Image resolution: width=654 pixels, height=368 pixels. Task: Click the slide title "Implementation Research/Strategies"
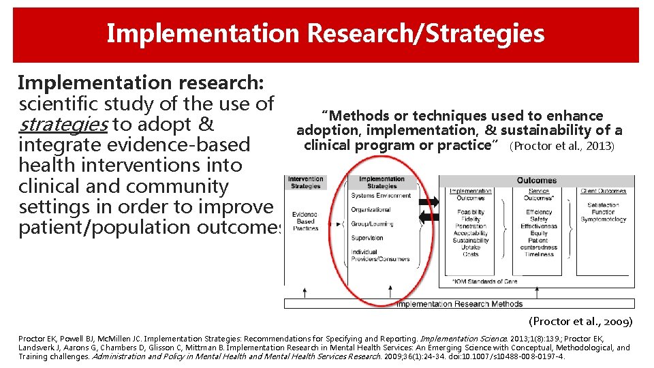click(326, 33)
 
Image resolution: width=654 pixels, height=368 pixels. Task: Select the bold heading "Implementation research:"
click(140, 83)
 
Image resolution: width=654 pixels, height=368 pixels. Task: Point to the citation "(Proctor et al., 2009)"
click(580, 321)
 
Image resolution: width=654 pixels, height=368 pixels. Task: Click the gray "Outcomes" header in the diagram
click(536, 181)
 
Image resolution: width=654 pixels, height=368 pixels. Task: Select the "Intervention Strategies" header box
click(305, 183)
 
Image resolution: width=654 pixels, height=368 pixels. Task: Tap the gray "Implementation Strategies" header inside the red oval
click(381, 183)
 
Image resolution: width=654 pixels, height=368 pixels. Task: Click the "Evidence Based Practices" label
click(305, 221)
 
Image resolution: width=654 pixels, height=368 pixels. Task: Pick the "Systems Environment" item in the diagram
click(381, 196)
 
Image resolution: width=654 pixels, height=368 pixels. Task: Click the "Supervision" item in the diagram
click(367, 238)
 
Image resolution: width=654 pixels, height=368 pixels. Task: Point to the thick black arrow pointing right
click(427, 202)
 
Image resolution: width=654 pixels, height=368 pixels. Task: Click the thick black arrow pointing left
click(427, 217)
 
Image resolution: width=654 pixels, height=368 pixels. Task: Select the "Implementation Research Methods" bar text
click(459, 304)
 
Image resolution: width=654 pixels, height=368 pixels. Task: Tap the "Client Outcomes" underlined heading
click(603, 191)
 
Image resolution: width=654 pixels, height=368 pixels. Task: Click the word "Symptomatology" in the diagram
click(603, 219)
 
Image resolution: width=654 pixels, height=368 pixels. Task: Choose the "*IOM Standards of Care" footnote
click(484, 281)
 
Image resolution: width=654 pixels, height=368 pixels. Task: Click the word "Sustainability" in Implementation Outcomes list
click(470, 240)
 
